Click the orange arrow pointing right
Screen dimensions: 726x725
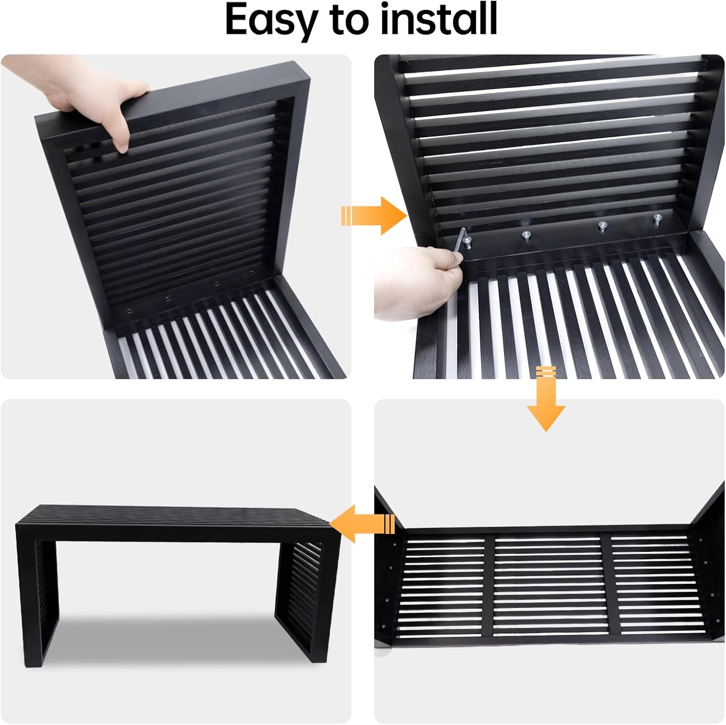[x=374, y=216]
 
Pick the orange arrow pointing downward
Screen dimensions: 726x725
[x=546, y=399]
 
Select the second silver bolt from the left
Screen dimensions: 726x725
[x=527, y=236]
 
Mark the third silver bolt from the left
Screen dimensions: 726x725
[x=603, y=226]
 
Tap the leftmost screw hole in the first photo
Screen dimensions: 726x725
[x=129, y=308]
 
